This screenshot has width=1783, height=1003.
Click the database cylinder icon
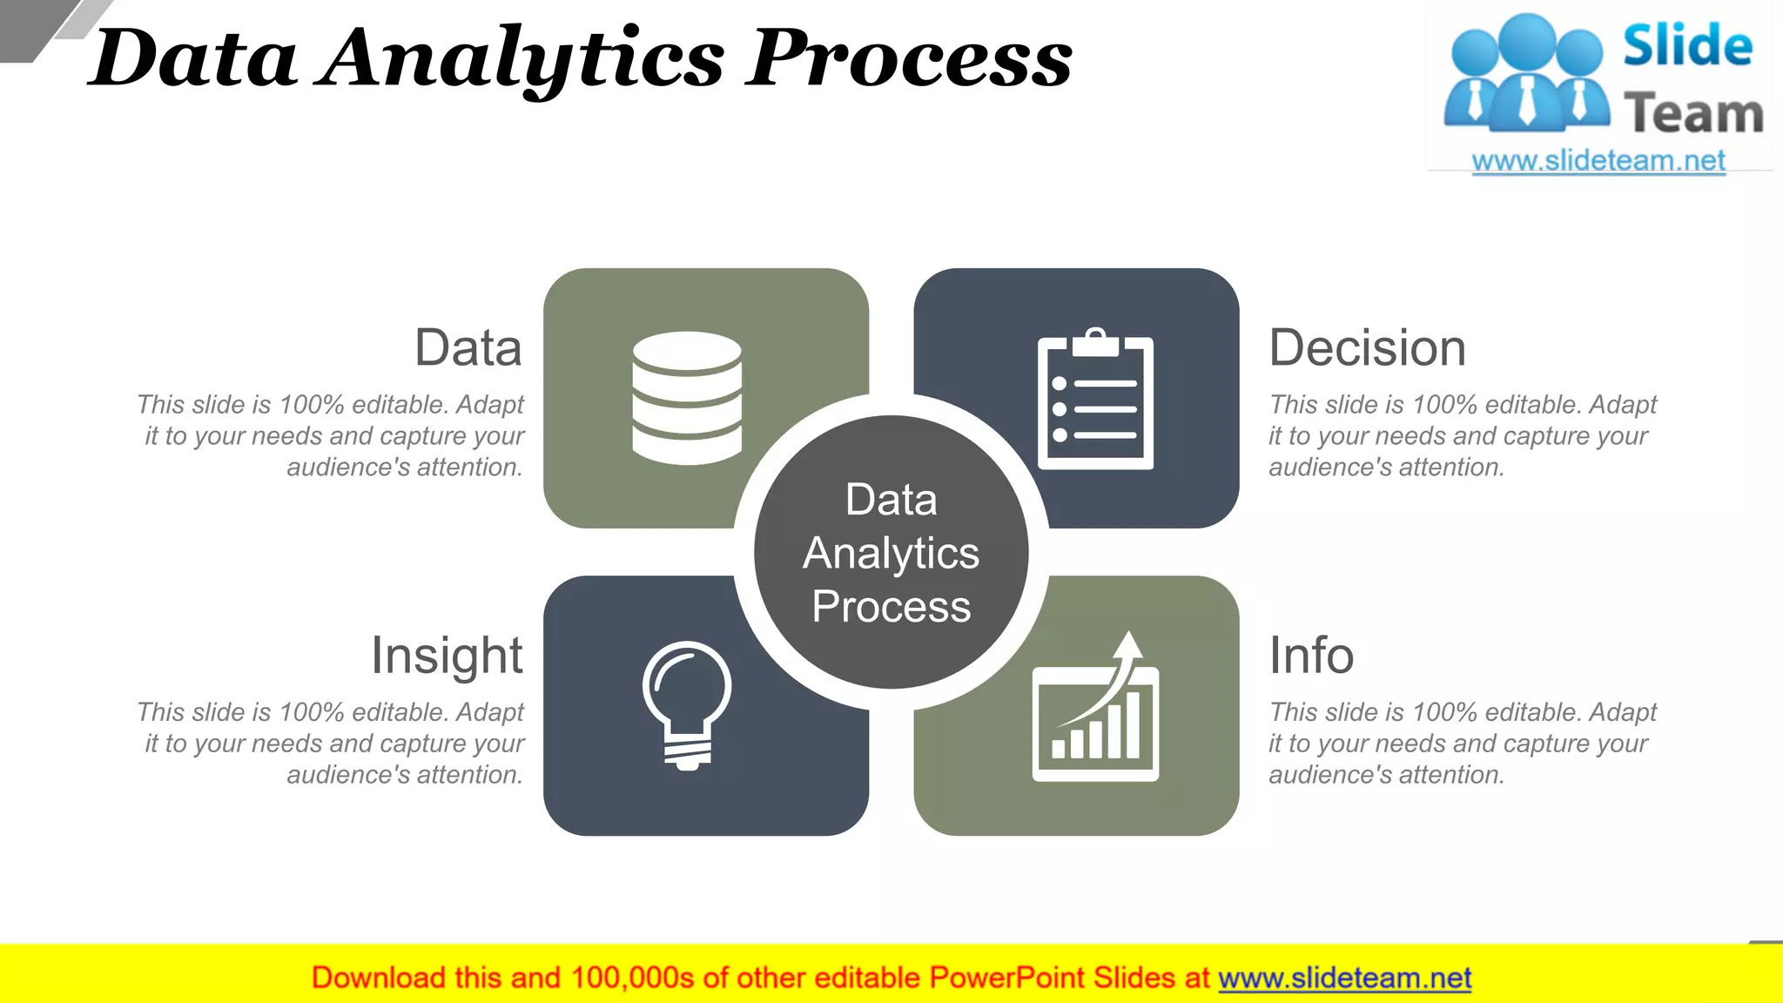687,398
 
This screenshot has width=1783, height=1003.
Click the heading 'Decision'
1367,348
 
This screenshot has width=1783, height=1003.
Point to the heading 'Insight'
447,656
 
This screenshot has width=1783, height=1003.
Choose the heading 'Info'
1311,656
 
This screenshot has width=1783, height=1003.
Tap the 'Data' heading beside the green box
468,348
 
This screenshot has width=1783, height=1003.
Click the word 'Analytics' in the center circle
891,554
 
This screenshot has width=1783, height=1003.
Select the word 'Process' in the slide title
909,59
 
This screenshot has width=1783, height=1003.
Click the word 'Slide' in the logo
1687,46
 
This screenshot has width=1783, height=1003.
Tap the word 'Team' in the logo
1693,114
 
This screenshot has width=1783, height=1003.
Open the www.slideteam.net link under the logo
1598,161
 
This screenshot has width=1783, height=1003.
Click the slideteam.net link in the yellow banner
1344,979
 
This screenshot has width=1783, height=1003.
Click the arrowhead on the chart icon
1129,646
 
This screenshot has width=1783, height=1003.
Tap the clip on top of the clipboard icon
1095,343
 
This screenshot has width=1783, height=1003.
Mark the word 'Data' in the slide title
193,59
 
